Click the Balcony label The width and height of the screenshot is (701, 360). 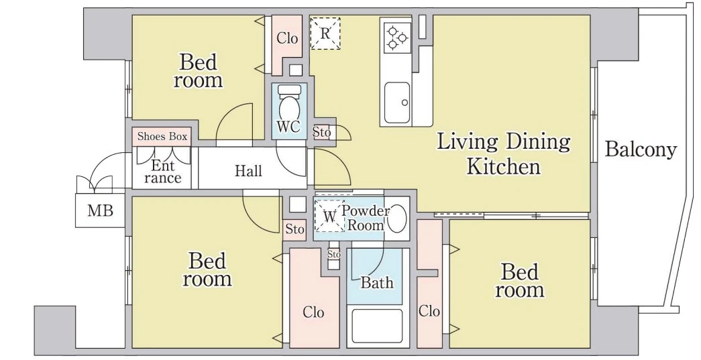click(640, 149)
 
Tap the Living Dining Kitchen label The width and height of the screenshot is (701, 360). click(503, 154)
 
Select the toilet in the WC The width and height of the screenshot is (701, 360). click(289, 103)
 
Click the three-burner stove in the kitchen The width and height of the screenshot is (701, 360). click(397, 38)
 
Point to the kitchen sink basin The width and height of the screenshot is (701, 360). click(397, 103)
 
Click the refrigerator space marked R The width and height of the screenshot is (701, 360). click(325, 33)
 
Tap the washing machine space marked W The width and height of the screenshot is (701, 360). click(329, 216)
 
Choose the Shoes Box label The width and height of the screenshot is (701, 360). click(162, 136)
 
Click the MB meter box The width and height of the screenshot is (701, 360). click(100, 211)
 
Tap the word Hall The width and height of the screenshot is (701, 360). click(248, 171)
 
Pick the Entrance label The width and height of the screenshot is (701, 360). click(162, 172)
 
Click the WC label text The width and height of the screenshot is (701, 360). click(288, 127)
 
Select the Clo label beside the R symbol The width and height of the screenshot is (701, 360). click(287, 38)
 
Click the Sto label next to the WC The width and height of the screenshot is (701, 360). click(321, 132)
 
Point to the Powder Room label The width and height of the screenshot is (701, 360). click(366, 217)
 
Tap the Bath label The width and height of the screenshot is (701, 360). click(377, 282)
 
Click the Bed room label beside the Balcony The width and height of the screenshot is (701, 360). click(519, 280)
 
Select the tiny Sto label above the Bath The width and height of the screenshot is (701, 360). click(333, 254)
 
